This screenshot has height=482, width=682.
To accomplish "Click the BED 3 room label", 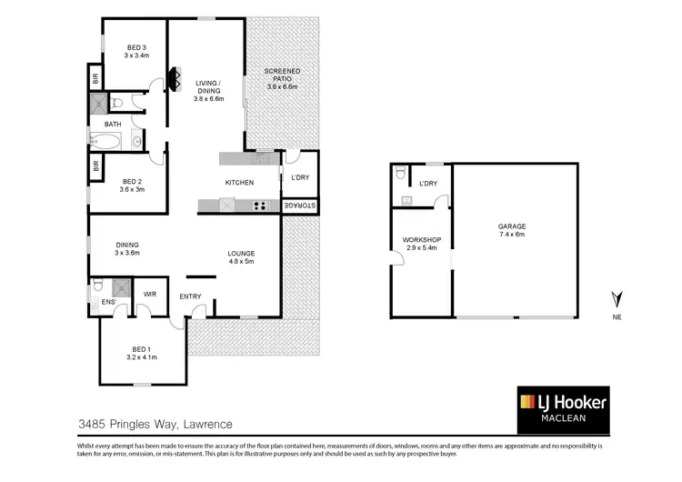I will (x=136, y=47).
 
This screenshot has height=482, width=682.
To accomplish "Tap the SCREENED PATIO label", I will (x=282, y=71).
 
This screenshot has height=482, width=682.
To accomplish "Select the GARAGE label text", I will (x=511, y=226).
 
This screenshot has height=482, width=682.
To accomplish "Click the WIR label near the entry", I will (x=151, y=293).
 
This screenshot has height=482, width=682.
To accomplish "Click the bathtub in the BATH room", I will (x=107, y=141).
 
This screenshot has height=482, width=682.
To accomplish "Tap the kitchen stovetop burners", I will (x=262, y=205).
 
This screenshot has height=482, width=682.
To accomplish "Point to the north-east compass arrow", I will (x=617, y=297).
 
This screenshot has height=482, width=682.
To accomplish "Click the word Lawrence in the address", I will (x=207, y=424).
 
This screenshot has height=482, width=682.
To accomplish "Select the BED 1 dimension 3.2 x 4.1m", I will (x=142, y=357).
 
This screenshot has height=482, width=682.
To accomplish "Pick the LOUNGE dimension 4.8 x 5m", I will (x=241, y=261).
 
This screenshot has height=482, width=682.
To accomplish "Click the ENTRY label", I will (x=191, y=296).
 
